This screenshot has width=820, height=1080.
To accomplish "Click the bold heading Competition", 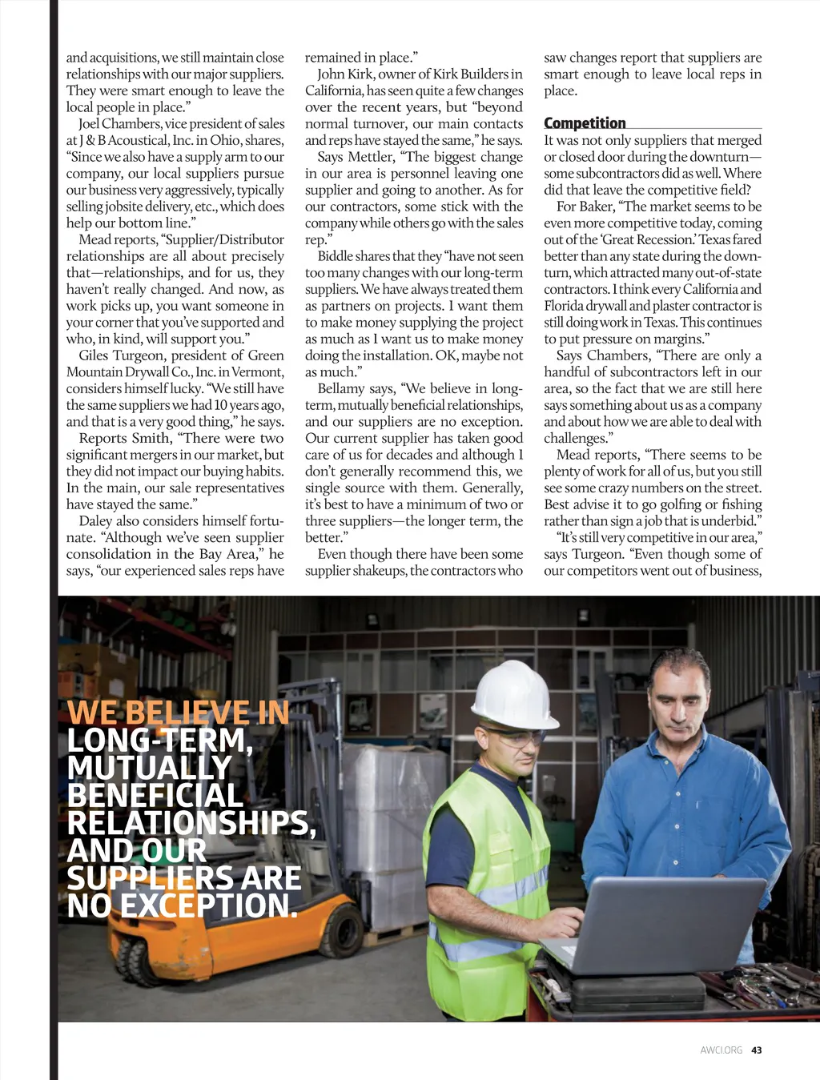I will (585, 122).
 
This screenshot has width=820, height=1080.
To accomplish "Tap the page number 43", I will (757, 1050).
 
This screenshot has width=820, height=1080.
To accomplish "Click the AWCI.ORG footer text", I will (721, 1050).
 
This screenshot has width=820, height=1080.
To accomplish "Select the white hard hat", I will (513, 694).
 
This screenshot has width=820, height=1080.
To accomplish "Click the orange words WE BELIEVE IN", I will (178, 712).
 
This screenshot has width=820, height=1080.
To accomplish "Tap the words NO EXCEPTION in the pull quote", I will (182, 905).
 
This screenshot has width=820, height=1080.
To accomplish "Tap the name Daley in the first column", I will (95, 520).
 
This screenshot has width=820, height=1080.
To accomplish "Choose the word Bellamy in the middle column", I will (341, 388).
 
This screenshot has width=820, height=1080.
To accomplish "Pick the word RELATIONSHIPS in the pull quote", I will (190, 822).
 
